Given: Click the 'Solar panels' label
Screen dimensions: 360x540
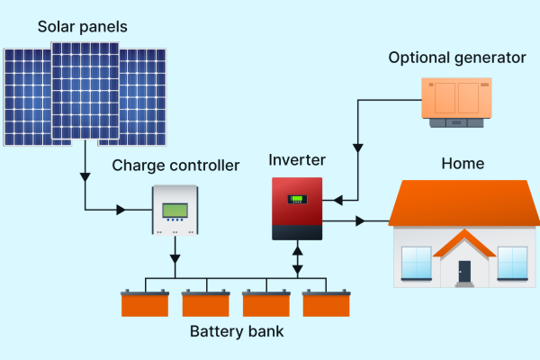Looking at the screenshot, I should (83, 26).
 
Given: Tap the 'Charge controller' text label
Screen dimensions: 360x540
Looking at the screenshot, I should (176, 166).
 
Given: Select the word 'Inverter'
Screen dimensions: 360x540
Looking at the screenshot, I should (297, 160).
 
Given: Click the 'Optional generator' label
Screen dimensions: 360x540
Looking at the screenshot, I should (457, 58).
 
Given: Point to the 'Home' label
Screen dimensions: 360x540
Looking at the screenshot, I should (463, 164).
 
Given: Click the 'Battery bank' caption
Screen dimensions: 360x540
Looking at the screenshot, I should (237, 331).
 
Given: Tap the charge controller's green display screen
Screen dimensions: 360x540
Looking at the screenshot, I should (175, 211).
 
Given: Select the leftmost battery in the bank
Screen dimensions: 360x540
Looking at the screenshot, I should (145, 303).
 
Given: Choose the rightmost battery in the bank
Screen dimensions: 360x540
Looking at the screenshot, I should (325, 303).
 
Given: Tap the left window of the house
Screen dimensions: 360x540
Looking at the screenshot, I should (416, 262).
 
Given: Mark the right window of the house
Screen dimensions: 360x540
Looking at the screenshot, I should (511, 262).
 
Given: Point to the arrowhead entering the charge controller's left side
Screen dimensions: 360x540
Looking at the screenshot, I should (120, 211).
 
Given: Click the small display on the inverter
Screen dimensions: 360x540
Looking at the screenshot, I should (296, 199).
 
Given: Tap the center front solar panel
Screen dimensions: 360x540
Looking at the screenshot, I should (85, 91).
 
